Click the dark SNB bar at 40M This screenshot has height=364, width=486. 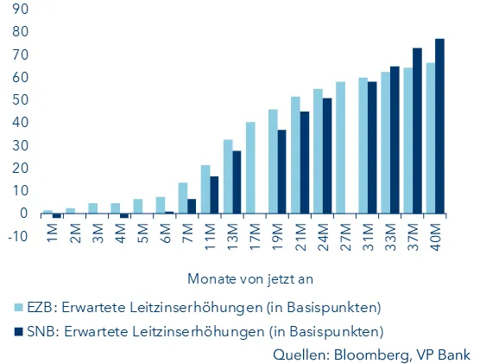pos(439,126)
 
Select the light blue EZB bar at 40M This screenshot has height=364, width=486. pos(430,138)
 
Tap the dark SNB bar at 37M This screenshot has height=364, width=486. pos(417,131)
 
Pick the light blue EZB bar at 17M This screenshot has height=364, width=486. pos(250,168)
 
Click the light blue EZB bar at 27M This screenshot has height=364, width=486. pos(340,148)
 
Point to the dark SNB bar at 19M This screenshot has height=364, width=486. pos(282,171)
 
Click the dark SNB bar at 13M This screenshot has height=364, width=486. pos(237,182)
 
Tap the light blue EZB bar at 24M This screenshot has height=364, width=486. pos(318,151)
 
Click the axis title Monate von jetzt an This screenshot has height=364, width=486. pos(243,279)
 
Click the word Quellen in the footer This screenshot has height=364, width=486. pos(298,354)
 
